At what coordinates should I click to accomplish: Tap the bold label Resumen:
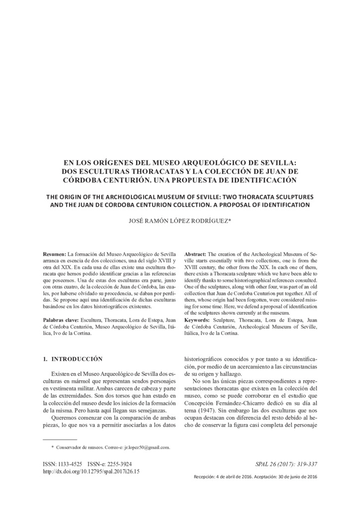click(x=54, y=254)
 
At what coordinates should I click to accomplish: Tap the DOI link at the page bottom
click(x=91, y=471)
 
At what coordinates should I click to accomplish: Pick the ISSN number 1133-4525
click(x=71, y=464)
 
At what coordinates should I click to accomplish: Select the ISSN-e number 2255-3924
click(x=118, y=464)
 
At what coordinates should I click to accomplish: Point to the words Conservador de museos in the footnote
click(x=76, y=447)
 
